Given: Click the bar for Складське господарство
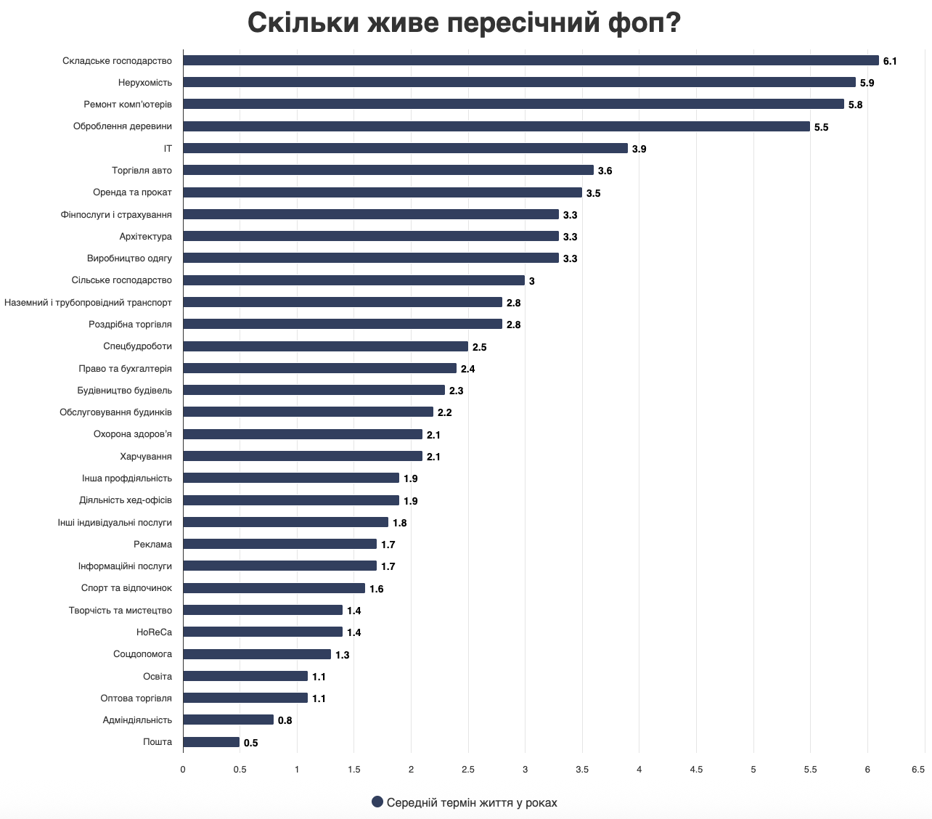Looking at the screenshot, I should pos(530,60).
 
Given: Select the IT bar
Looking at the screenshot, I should pos(405,148).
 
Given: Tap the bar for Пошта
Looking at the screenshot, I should pos(211,742).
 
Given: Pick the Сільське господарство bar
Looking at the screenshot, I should pos(353,280).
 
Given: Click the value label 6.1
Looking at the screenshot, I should pos(890,61).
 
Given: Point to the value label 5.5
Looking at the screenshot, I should pos(821,127).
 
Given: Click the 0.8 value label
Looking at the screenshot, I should pos(285,720).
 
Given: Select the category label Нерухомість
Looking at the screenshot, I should pos(145,83).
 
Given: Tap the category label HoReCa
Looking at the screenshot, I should pos(154,632).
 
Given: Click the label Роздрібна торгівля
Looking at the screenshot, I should pos(131,325).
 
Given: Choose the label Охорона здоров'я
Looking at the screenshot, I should pos(133,434).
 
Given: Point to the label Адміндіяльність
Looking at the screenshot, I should pos(137,720).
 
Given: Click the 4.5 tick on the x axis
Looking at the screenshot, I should pos(696,769).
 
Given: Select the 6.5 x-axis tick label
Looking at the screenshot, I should pos(917,769).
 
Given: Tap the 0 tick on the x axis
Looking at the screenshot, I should pos(183,769).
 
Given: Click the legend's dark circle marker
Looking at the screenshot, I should pos(377,802).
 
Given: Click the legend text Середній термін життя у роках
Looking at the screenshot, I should pos(472,802).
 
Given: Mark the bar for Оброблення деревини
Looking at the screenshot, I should pos(496,126).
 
